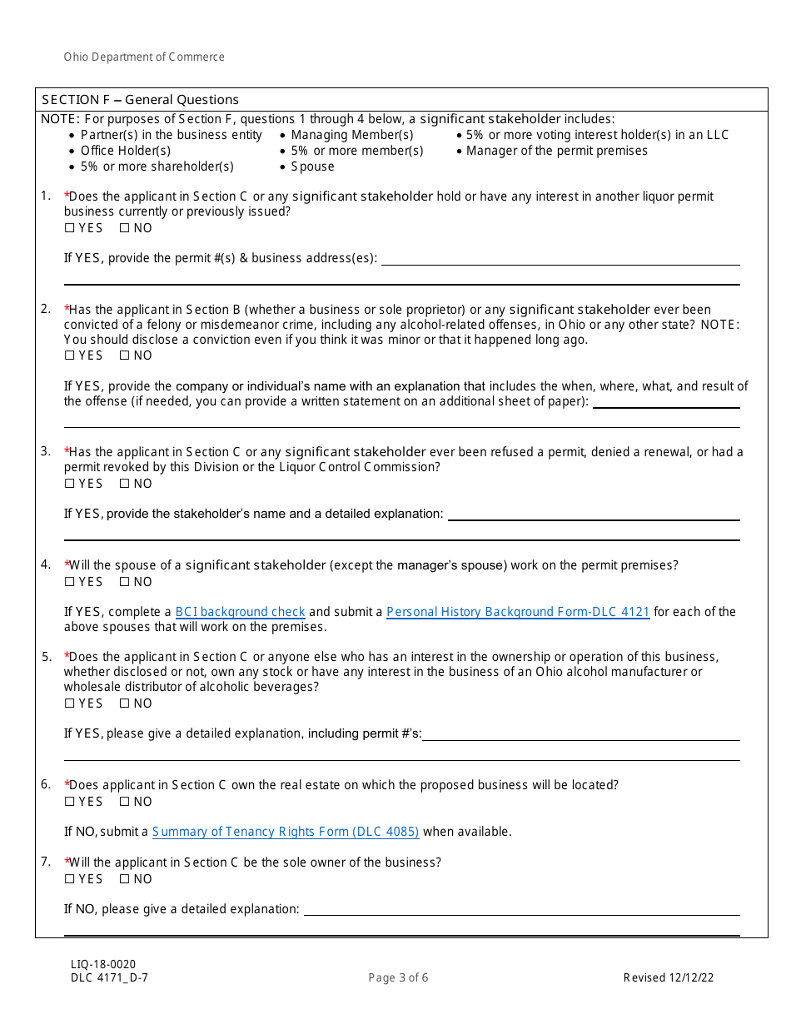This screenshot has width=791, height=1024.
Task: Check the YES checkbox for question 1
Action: click(70, 228)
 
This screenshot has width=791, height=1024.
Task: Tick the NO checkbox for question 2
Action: click(124, 355)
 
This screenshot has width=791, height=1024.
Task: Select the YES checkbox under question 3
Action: click(70, 484)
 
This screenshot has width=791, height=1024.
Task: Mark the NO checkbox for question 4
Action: click(124, 582)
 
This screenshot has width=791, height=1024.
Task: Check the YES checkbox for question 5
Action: click(70, 703)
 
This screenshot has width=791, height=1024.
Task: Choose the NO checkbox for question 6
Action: click(124, 802)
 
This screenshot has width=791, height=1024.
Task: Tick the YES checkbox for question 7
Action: click(70, 879)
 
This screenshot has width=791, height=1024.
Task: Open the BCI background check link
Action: click(240, 612)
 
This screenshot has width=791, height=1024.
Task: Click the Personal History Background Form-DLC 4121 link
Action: click(517, 612)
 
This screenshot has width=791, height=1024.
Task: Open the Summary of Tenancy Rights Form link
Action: click(286, 832)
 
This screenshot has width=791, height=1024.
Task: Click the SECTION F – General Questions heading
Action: click(141, 100)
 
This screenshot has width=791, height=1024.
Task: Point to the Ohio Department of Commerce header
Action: click(144, 57)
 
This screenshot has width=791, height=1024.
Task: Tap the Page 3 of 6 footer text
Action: click(398, 977)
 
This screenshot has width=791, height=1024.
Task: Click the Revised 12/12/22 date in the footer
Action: click(668, 977)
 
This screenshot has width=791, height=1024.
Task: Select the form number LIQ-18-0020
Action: click(103, 964)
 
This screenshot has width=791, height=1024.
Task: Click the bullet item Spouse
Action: click(312, 167)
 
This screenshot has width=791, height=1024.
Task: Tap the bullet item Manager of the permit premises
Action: click(556, 151)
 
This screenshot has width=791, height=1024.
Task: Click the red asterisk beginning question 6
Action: click(67, 784)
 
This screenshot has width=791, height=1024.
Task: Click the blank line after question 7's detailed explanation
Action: click(521, 909)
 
